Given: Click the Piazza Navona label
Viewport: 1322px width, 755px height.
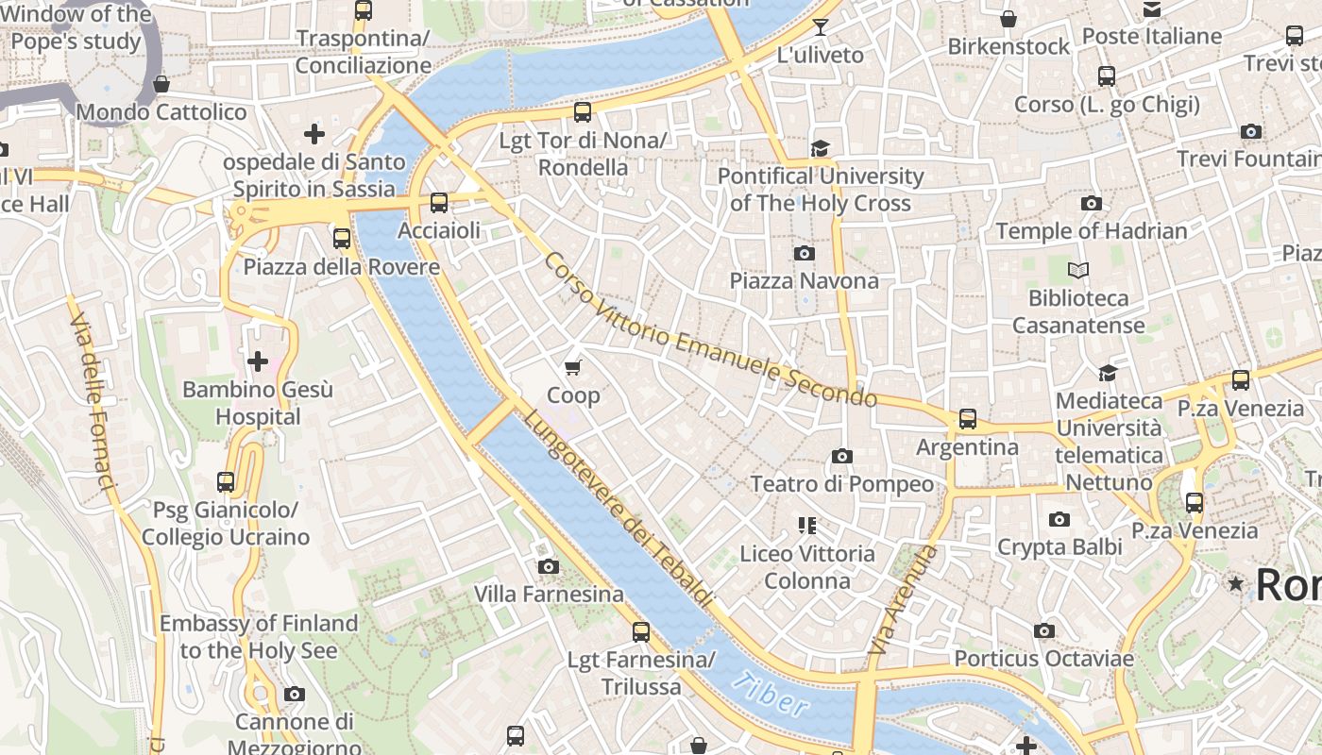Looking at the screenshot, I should (804, 280).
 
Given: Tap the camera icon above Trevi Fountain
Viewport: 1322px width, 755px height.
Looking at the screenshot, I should (1251, 131).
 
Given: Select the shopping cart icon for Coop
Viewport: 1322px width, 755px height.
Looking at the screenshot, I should (573, 367).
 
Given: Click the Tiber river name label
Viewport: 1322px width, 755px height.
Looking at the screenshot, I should (771, 695).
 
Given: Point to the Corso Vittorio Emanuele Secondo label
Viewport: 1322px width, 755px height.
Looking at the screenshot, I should (710, 330).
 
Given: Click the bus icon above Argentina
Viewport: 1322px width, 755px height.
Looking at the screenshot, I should (968, 418).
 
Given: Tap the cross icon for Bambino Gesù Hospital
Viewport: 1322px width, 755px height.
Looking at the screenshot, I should (257, 361).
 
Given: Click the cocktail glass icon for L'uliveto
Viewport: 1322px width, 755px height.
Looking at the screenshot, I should (820, 26).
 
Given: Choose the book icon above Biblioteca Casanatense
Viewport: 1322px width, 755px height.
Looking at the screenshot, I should (1078, 271).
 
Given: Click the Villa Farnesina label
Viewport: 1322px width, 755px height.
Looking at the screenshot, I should (549, 594).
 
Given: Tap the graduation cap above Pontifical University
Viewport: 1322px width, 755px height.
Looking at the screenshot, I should (820, 148).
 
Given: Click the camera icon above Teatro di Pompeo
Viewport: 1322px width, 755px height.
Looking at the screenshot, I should (842, 457).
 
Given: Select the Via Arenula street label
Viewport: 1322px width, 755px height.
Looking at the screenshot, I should (902, 600).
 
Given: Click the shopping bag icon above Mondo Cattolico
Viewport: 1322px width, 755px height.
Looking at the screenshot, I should (161, 84).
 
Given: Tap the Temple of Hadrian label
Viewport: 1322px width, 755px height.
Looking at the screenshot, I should (1092, 230).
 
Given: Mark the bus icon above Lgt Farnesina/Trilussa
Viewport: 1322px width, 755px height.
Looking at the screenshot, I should (641, 632).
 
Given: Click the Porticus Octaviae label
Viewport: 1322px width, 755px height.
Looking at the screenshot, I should (1043, 658).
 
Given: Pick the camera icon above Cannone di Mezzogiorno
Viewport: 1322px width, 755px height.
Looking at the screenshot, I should (295, 695).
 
